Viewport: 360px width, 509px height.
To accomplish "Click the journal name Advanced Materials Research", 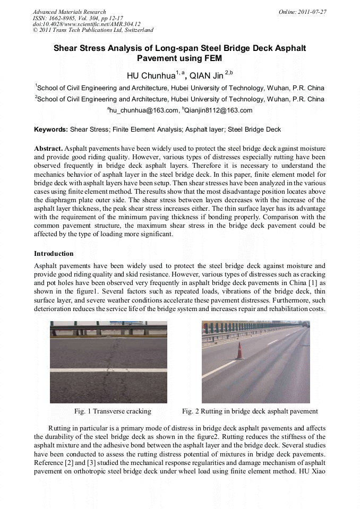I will click(69, 12).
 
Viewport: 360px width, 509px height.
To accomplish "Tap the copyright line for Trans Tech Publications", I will click(93, 30).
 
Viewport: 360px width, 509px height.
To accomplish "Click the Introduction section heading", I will click(54, 254).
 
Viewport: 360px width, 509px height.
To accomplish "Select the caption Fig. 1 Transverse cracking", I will click(113, 411).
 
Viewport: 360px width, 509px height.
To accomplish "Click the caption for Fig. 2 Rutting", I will click(250, 411).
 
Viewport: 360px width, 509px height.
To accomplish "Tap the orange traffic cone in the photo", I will click(239, 351).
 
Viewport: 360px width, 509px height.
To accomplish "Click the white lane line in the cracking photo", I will click(108, 369).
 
